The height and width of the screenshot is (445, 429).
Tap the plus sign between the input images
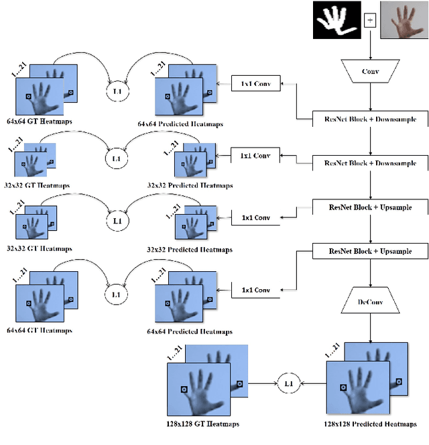369,20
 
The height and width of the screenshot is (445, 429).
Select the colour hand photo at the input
402,19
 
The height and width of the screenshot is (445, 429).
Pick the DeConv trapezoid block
370,302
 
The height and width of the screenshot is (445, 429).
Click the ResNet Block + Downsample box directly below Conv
370,119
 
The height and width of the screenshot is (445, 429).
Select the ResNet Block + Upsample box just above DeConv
370,251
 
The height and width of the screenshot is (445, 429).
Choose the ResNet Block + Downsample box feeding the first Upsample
370,162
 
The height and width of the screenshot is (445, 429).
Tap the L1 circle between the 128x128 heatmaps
288,383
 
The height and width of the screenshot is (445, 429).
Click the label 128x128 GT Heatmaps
199,424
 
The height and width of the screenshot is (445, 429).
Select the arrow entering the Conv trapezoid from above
370,48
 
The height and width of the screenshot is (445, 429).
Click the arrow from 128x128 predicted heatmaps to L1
312,383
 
